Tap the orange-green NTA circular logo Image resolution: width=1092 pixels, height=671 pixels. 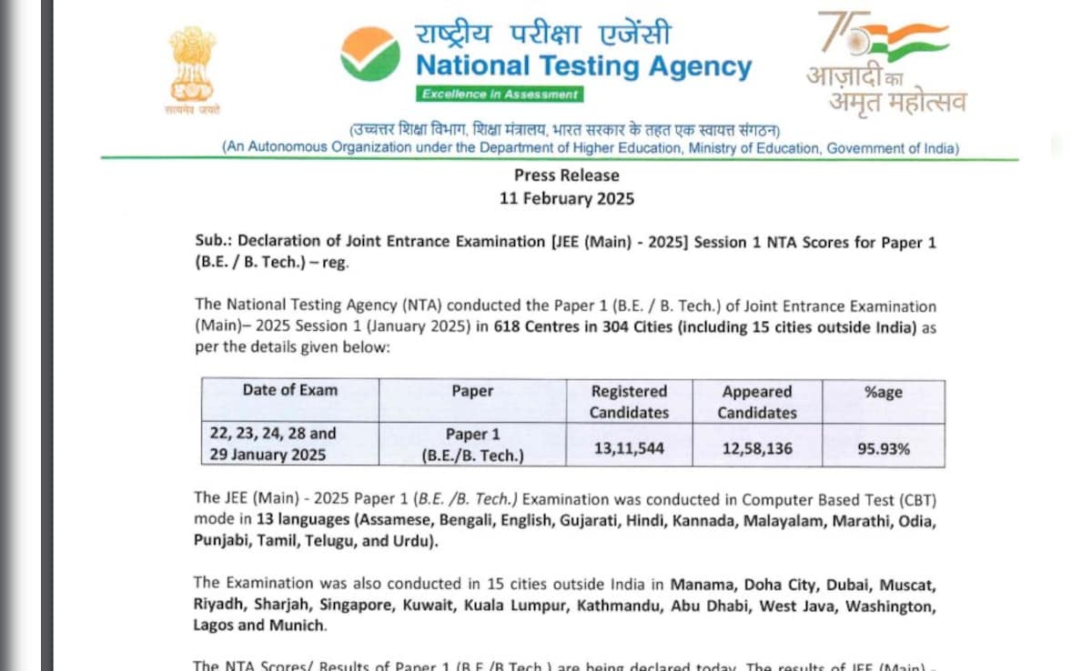(x=370, y=54)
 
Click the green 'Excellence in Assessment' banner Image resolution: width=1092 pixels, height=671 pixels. (x=500, y=94)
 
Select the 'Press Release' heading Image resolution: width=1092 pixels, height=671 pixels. (x=566, y=175)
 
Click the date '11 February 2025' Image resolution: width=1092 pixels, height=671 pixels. (x=566, y=198)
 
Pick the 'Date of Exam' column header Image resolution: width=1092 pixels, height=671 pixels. (x=289, y=390)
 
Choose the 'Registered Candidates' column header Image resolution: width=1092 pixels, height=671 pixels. (x=629, y=401)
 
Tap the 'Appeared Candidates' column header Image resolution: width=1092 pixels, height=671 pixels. (x=757, y=401)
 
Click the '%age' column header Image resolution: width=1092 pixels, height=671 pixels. (x=883, y=391)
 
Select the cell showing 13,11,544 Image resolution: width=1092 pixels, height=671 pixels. (x=629, y=448)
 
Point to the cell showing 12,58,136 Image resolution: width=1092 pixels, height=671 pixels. (x=757, y=448)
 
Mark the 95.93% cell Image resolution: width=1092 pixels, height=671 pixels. (x=883, y=448)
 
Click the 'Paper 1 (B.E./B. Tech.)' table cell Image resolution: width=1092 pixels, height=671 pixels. (x=472, y=446)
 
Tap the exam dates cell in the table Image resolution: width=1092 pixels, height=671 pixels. (x=272, y=445)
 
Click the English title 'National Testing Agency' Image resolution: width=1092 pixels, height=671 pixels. (x=583, y=66)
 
